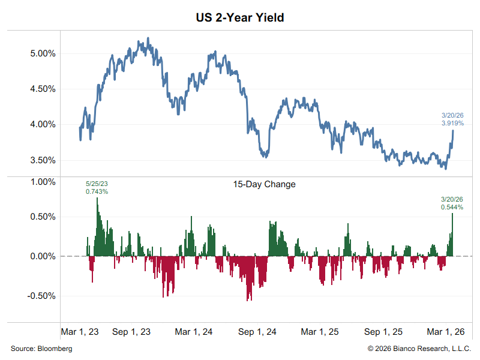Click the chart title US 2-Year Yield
coord(240,17)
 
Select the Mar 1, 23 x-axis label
coord(80,332)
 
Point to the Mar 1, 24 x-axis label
coord(193,332)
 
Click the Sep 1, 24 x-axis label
coord(257,332)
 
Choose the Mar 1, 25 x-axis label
coord(320,332)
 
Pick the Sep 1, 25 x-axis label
coord(383,332)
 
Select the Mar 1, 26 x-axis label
coord(446,332)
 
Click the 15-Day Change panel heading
coord(264,185)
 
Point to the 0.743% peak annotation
coord(97,191)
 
